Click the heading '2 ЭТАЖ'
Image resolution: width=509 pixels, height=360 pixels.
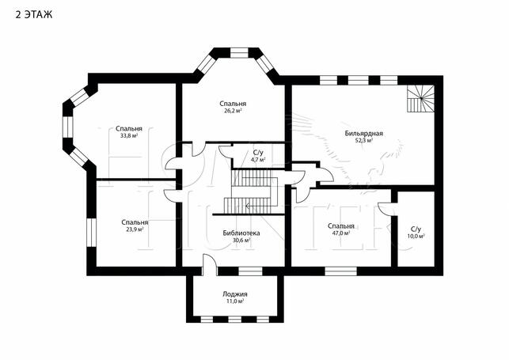[34, 14]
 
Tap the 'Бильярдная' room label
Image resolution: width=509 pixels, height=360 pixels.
[364, 133]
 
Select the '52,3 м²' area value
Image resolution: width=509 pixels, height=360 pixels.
[364, 140]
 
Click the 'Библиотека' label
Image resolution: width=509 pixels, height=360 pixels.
[241, 233]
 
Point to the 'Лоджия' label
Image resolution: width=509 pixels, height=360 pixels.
[235, 294]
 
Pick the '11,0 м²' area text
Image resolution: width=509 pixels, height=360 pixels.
[235, 301]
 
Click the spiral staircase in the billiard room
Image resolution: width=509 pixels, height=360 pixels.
[421, 99]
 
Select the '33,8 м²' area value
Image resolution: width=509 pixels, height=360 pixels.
[129, 136]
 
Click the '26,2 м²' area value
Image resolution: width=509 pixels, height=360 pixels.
[233, 111]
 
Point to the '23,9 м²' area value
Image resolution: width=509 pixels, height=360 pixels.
[135, 229]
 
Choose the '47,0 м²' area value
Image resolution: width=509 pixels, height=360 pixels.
[341, 233]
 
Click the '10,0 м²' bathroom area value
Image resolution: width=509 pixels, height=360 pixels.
[416, 236]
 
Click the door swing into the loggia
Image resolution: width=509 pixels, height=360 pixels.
[210, 264]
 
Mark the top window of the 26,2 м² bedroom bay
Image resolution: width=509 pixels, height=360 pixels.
[239, 53]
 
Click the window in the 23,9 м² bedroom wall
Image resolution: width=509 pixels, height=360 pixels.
[91, 233]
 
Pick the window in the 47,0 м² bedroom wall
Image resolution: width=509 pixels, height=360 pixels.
[340, 271]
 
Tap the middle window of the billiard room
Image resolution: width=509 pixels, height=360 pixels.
[358, 80]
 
